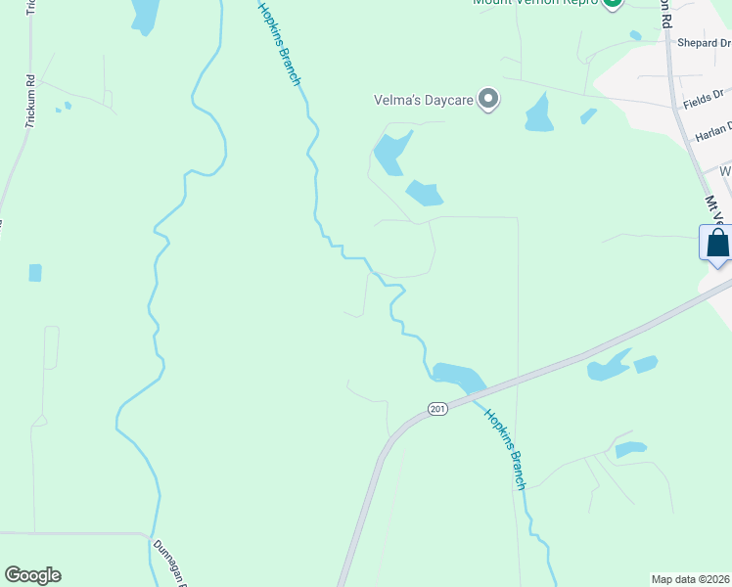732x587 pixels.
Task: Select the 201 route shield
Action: coord(436,408)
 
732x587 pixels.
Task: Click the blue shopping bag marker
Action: coord(716,243)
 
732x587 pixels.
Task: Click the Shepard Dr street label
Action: coord(704,43)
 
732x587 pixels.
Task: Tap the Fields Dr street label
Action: coord(703,101)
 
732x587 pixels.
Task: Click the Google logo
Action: coord(32,575)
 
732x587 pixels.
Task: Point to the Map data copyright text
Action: coord(691,579)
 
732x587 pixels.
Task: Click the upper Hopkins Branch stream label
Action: coord(280,44)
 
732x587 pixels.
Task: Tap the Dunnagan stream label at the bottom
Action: coord(168,563)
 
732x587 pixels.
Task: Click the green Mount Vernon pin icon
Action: coord(613,3)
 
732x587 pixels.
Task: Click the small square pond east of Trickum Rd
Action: coord(35,272)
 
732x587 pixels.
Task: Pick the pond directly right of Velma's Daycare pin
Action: coord(538,114)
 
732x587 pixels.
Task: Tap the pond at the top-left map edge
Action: coord(145,14)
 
